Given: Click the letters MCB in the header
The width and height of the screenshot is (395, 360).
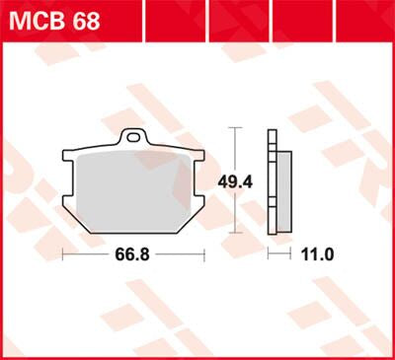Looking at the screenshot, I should click(x=37, y=21).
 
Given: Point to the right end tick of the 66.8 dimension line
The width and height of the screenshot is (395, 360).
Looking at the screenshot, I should click(x=202, y=254).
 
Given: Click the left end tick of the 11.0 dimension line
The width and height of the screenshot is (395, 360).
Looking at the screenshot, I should click(x=270, y=254).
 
